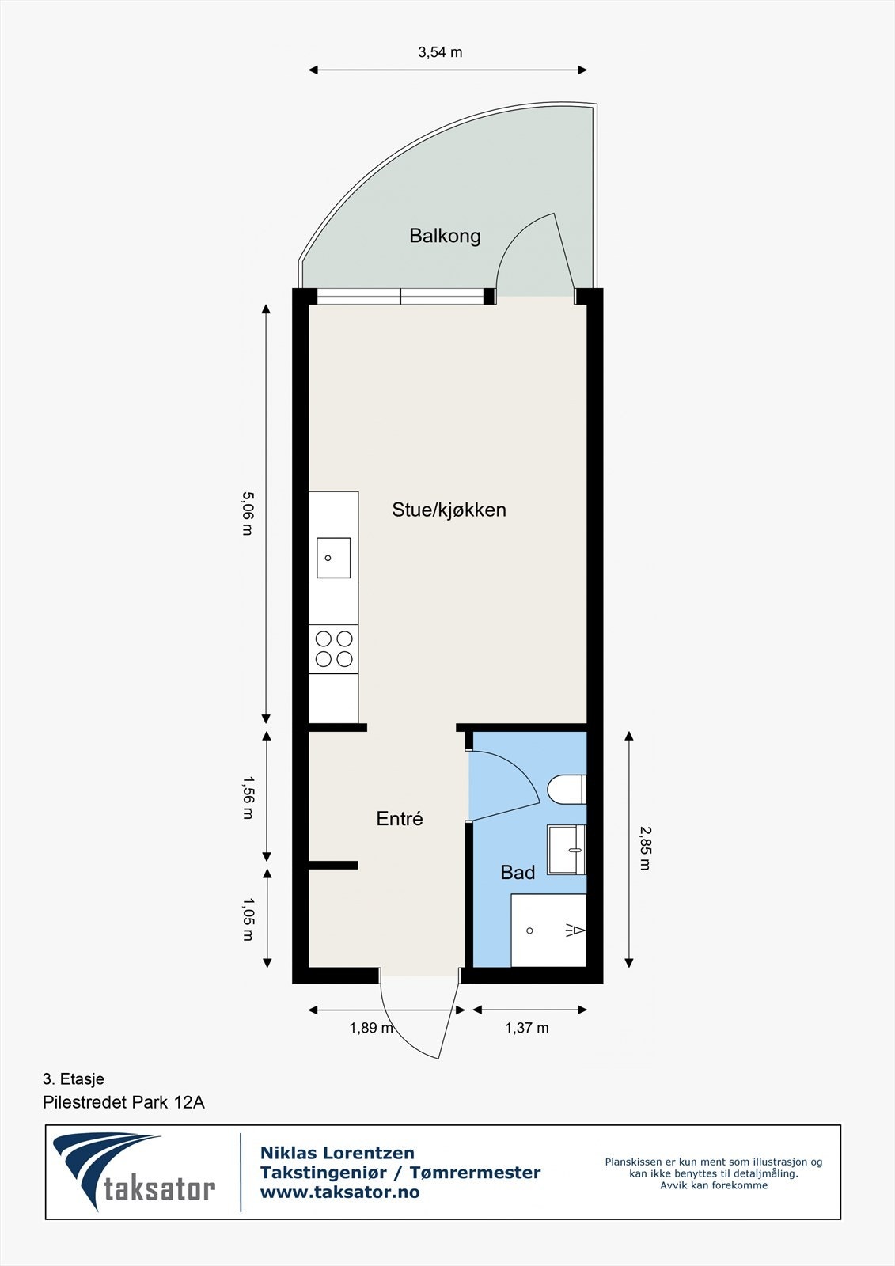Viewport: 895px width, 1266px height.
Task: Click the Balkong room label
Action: (445, 236)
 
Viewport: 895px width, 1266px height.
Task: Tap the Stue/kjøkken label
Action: (449, 510)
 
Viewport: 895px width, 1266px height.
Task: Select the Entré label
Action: (399, 819)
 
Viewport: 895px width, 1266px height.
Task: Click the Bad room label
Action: (518, 873)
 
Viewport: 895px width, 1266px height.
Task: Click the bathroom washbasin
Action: (567, 849)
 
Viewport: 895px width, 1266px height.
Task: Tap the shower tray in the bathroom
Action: (548, 931)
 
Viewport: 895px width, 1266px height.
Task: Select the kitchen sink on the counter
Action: (333, 558)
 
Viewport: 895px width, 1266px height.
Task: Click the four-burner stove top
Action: (333, 648)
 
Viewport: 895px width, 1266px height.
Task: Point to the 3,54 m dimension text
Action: (440, 53)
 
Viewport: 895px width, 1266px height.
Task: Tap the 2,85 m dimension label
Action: (645, 848)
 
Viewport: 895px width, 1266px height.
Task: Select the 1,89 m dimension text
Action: (371, 1029)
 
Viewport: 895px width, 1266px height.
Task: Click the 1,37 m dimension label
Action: (526, 1029)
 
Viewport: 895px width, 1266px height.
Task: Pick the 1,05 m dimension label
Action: (247, 919)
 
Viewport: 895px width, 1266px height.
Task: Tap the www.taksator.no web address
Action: (339, 1192)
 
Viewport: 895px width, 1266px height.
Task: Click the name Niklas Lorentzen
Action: (337, 1153)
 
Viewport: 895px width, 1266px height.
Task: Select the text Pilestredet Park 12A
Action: (123, 1102)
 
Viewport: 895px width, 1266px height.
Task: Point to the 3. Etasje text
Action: (73, 1078)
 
